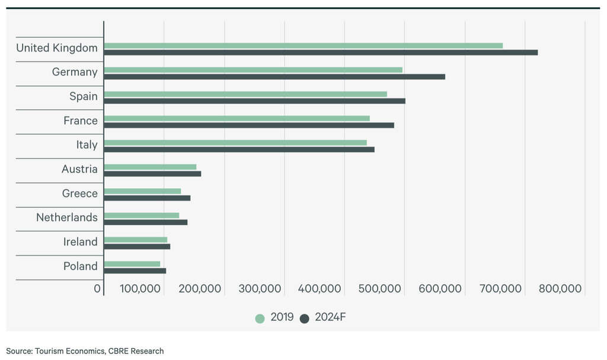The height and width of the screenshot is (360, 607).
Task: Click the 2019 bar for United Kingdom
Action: pyautogui.click(x=303, y=46)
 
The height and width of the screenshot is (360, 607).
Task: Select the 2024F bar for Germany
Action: pyautogui.click(x=274, y=77)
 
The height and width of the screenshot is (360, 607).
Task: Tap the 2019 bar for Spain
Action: pyautogui.click(x=245, y=94)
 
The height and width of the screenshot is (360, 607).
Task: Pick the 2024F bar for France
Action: pyautogui.click(x=249, y=125)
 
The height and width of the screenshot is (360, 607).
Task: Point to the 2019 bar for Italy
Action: pyautogui.click(x=235, y=142)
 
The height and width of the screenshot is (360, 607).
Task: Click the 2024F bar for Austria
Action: pyautogui.click(x=152, y=174)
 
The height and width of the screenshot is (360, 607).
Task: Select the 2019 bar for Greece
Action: pyautogui.click(x=142, y=191)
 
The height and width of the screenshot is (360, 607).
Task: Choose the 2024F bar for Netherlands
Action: pyautogui.click(x=146, y=222)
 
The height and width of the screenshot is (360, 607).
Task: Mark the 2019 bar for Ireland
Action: pyautogui.click(x=136, y=240)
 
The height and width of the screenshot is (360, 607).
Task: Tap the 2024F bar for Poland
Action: pyautogui.click(x=135, y=271)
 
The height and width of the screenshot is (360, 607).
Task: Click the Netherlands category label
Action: pyautogui.click(x=67, y=218)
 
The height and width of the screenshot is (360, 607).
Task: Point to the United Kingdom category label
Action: pyautogui.click(x=57, y=48)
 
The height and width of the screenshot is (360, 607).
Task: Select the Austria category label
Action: pyautogui.click(x=79, y=170)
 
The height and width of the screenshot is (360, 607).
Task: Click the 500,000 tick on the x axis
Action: pyautogui.click(x=381, y=289)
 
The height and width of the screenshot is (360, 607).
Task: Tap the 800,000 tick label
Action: pyautogui.click(x=561, y=289)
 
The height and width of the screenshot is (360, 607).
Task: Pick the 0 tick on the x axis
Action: pyautogui.click(x=98, y=289)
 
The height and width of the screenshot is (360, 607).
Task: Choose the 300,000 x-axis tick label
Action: pyautogui.click(x=260, y=289)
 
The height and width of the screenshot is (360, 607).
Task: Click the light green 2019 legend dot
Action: pyautogui.click(x=260, y=318)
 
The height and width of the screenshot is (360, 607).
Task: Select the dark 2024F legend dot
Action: pyautogui.click(x=305, y=318)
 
